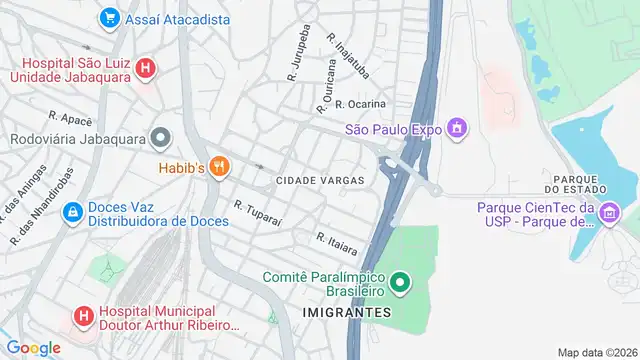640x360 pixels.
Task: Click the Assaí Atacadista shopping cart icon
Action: pyautogui.click(x=110, y=19)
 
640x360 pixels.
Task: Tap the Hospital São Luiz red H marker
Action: pyautogui.click(x=146, y=69)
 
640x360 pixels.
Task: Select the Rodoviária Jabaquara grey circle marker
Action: pyautogui.click(x=161, y=138)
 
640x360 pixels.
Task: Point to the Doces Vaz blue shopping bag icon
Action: pyautogui.click(x=72, y=213)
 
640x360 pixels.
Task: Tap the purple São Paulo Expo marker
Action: pyautogui.click(x=457, y=128)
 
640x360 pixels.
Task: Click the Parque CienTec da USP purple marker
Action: pyautogui.click(x=609, y=212)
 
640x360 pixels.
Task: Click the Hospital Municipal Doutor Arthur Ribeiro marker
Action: pyautogui.click(x=83, y=316)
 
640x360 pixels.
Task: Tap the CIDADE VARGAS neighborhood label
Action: pyautogui.click(x=319, y=180)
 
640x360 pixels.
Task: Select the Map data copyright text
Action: pyautogui.click(x=597, y=352)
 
